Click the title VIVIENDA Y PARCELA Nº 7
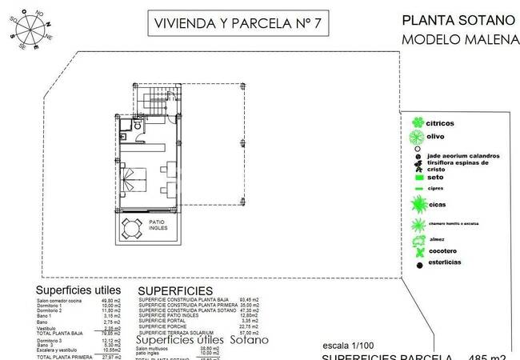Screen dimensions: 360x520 (238, 24)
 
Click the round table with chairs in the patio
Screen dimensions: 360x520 (131, 230)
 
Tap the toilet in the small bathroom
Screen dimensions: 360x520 (138, 126)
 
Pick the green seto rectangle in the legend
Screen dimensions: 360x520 (417, 176)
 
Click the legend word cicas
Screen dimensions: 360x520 (437, 205)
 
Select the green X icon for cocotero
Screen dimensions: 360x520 (416, 252)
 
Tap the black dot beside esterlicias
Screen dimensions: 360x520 (417, 264)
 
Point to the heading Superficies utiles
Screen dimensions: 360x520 (78, 290)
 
